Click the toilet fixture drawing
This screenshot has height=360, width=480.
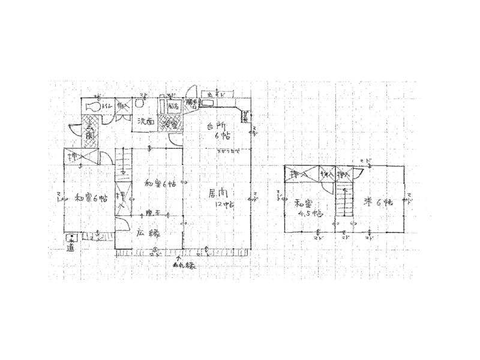point(93,106)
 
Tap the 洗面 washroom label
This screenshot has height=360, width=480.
point(146,122)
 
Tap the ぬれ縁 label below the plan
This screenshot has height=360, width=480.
point(184,265)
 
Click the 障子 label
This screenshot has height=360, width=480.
point(154,213)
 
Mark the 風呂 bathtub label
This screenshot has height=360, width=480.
point(173,106)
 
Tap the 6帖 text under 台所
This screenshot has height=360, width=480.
point(221,137)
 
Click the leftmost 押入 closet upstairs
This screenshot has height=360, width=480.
point(299,174)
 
